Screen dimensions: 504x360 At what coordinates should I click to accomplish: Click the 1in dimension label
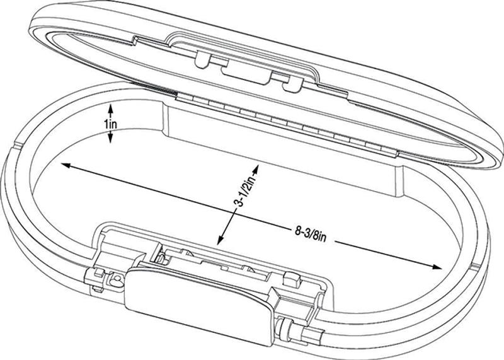point(111,124)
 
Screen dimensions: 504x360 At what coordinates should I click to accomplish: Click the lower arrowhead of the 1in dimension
point(110,139)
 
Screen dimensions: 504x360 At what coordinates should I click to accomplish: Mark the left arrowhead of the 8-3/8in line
point(66,165)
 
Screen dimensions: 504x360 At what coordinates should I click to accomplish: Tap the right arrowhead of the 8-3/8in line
point(437,267)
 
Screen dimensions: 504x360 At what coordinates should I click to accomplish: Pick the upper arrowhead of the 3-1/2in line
point(256,168)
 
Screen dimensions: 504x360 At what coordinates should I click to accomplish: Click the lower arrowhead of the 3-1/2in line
point(220,241)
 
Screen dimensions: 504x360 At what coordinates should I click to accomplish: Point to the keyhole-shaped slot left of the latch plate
point(115,279)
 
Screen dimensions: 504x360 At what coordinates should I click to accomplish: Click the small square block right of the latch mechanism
point(292,279)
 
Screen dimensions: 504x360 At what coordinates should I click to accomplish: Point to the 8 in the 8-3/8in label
point(297,231)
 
